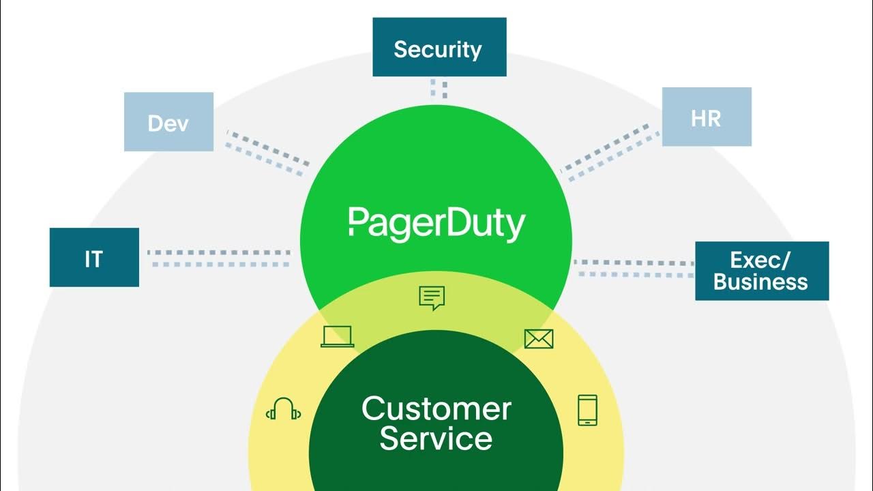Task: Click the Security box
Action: click(x=439, y=47)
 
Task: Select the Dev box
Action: click(x=168, y=122)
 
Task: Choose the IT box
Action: click(x=94, y=257)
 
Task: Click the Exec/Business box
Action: click(x=761, y=271)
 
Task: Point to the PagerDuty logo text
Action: click(x=436, y=223)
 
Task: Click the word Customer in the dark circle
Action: click(x=436, y=408)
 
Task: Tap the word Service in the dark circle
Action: click(x=436, y=438)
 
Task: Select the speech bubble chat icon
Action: click(x=431, y=298)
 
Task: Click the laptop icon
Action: click(x=337, y=336)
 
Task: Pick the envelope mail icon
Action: click(x=538, y=338)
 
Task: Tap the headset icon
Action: click(x=283, y=409)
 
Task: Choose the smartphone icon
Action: click(x=587, y=410)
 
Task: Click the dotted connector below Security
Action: click(x=439, y=89)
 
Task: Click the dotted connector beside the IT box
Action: click(x=218, y=258)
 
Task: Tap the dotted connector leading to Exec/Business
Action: click(x=634, y=268)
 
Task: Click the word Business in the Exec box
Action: click(x=761, y=282)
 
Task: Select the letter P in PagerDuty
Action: click(x=357, y=223)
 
